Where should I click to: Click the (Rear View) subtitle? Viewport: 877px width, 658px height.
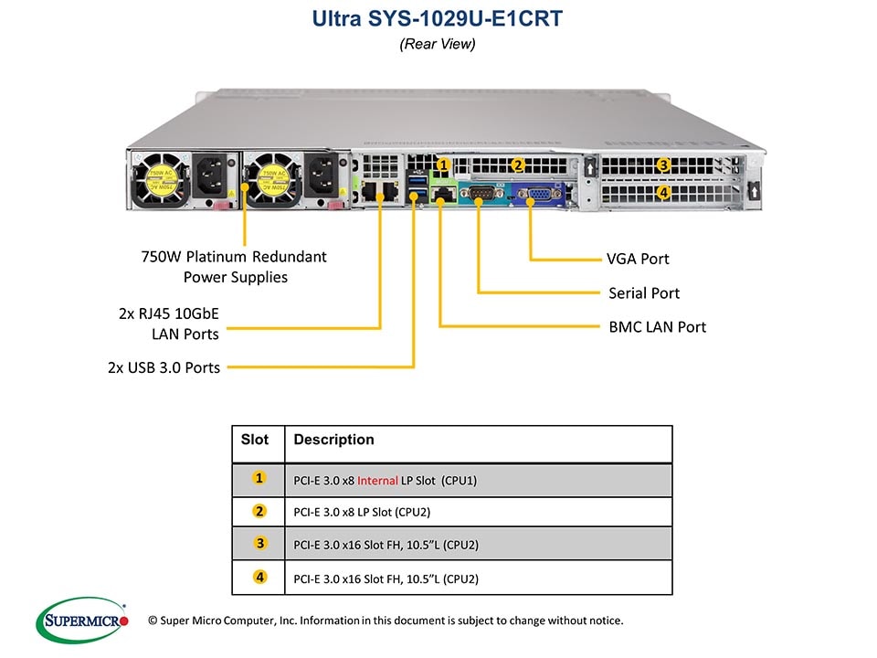438,44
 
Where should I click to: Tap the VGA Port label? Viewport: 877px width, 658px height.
638,259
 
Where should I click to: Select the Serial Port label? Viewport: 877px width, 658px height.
644,293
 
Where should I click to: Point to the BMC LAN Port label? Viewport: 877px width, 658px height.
657,326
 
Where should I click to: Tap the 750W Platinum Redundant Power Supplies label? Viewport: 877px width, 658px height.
234,267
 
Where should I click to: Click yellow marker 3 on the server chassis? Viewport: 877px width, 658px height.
664,165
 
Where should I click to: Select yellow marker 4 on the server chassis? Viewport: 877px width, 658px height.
664,193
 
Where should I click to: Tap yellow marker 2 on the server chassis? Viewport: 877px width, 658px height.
517,165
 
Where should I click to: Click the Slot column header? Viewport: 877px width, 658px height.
255,440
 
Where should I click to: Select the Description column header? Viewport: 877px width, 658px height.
333,440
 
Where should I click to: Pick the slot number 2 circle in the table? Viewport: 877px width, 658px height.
260,512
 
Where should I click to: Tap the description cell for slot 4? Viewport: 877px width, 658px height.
386,578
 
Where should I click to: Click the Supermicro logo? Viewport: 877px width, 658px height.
82,621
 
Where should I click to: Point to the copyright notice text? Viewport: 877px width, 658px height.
386,621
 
